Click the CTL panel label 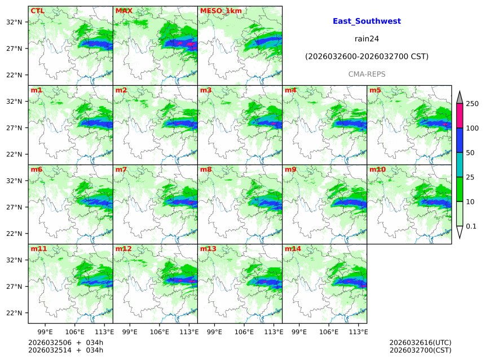click(37, 11)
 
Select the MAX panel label click(124, 11)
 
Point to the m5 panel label click(375, 90)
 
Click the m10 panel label click(377, 169)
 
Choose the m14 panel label click(293, 249)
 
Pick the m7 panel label click(121, 169)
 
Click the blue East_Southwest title click(367, 21)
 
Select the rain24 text click(367, 39)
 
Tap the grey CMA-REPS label click(367, 74)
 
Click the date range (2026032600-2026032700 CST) click(367, 56)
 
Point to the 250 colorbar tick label click(472, 104)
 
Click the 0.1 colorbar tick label click(471, 226)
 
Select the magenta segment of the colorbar click(459, 116)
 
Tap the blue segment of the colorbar click(459, 141)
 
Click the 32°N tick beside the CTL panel click(14, 22)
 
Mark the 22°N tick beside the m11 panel click(14, 313)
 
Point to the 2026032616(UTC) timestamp click(420, 343)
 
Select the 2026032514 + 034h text click(65, 351)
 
